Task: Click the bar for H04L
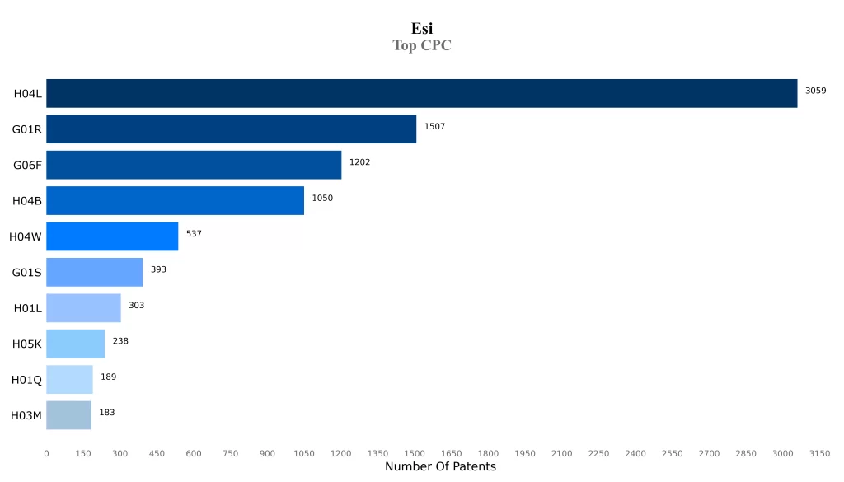pyautogui.click(x=421, y=93)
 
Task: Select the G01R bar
pyautogui.click(x=231, y=129)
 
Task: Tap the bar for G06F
pyautogui.click(x=194, y=165)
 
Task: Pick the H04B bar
pyautogui.click(x=175, y=200)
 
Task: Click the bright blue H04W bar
pyautogui.click(x=112, y=236)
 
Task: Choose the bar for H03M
pyautogui.click(x=68, y=415)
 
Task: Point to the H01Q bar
pyautogui.click(x=69, y=380)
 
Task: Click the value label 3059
pyautogui.click(x=815, y=91)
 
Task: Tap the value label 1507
pyautogui.click(x=434, y=126)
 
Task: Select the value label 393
pyautogui.click(x=158, y=269)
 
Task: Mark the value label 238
pyautogui.click(x=120, y=341)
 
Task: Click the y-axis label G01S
pyautogui.click(x=27, y=273)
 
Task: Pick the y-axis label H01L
pyautogui.click(x=28, y=308)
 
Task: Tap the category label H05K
pyautogui.click(x=27, y=344)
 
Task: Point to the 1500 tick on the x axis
pyautogui.click(x=415, y=454)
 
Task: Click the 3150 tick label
pyautogui.click(x=819, y=454)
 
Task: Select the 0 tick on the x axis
pyautogui.click(x=46, y=454)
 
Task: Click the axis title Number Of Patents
pyautogui.click(x=440, y=467)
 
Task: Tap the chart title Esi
pyautogui.click(x=422, y=29)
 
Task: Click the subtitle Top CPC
pyautogui.click(x=422, y=46)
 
